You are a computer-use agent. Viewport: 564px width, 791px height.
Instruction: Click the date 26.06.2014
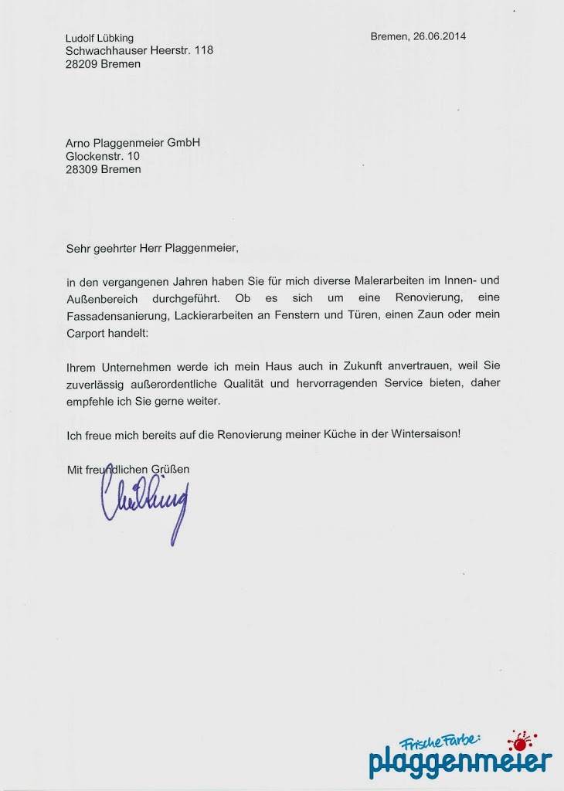440,36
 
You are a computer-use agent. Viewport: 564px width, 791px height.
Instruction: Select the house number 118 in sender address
204,50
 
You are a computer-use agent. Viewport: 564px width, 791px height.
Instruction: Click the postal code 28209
81,64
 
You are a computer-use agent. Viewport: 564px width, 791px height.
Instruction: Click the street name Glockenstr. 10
103,155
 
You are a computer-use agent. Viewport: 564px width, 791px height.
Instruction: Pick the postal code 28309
81,169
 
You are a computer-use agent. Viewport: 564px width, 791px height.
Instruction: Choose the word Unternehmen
131,366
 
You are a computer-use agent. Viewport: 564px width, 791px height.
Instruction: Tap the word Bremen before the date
389,36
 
